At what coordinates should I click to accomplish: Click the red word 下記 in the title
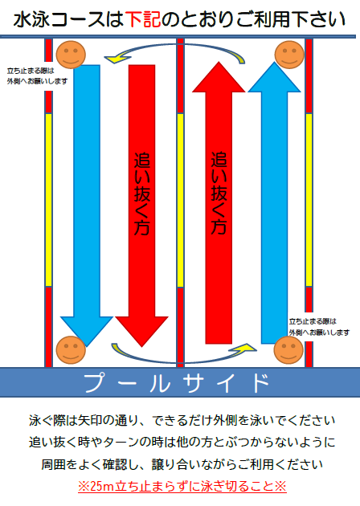coord(143,19)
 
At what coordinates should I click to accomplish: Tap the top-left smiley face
coord(71,55)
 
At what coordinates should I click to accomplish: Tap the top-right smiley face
coord(289,55)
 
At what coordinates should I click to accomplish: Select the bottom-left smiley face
coord(71,350)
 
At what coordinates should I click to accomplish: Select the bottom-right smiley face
coord(288,350)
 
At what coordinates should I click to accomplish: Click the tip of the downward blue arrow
coord(87,346)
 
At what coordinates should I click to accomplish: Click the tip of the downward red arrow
coord(141,347)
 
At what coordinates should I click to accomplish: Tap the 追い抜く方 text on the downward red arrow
coord(142,194)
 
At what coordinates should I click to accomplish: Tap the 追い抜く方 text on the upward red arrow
coord(219,193)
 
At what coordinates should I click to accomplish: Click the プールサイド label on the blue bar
coord(177,383)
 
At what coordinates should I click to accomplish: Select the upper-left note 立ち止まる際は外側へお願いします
coord(38,75)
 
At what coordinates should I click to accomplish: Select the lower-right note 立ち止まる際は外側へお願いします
coord(319,327)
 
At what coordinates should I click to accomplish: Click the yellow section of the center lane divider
coord(180,200)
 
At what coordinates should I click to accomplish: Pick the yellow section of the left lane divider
coord(48,200)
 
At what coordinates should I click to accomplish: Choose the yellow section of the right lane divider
coord(309,200)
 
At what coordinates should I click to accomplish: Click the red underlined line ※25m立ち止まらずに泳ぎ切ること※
coord(182,486)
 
